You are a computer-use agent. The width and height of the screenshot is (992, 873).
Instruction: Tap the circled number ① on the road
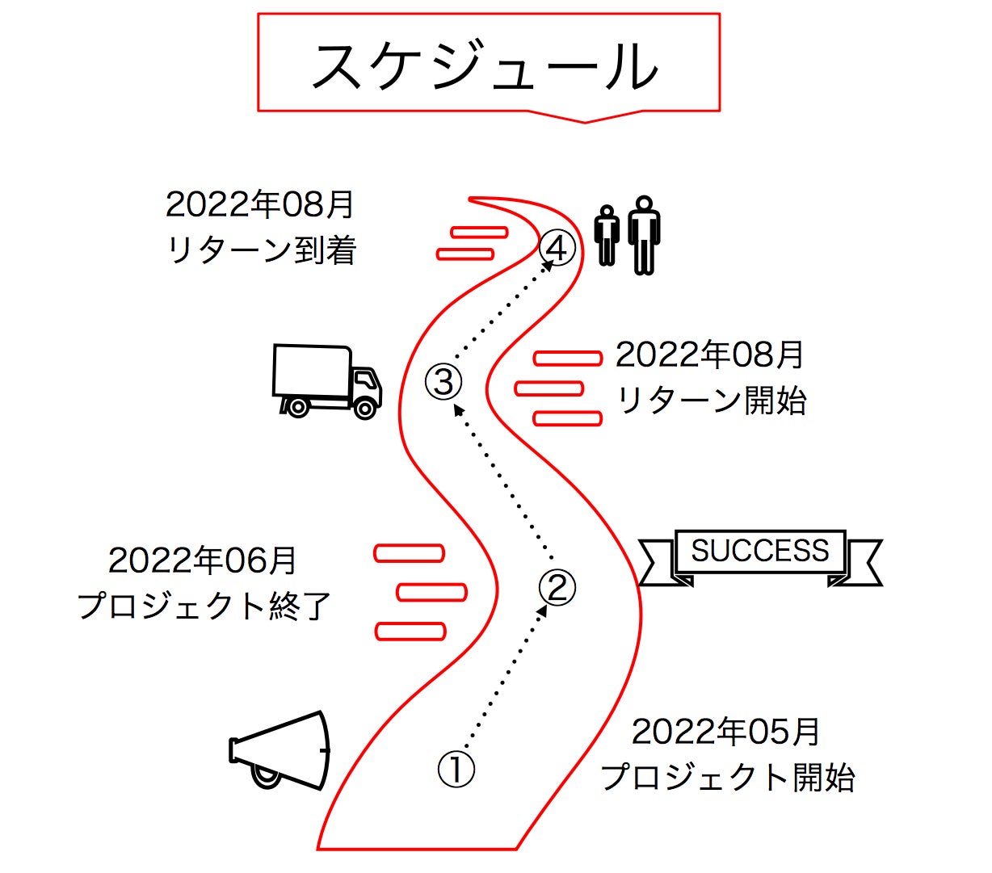click(x=456, y=769)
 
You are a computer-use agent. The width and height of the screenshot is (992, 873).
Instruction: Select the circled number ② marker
click(x=557, y=587)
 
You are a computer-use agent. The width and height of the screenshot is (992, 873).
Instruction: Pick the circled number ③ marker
click(x=443, y=381)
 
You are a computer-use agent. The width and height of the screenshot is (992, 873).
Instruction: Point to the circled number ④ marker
click(x=557, y=248)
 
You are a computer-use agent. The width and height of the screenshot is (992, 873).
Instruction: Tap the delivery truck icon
click(x=326, y=380)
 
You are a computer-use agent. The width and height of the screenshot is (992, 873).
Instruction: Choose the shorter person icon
click(x=607, y=235)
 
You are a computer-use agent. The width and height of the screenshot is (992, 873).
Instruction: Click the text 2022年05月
click(x=725, y=732)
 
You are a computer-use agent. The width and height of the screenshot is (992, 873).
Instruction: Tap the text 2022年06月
click(x=202, y=560)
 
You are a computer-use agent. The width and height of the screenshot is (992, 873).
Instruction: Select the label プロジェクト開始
click(x=727, y=777)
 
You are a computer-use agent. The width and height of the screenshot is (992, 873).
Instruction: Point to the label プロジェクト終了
click(x=204, y=606)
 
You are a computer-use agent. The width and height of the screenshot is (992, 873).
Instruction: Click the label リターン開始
click(x=711, y=400)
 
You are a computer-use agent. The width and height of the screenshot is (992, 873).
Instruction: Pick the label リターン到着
click(x=261, y=250)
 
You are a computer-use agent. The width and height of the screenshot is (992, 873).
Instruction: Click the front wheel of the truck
click(x=365, y=409)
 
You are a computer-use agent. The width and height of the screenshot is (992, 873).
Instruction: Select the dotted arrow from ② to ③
click(x=504, y=483)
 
